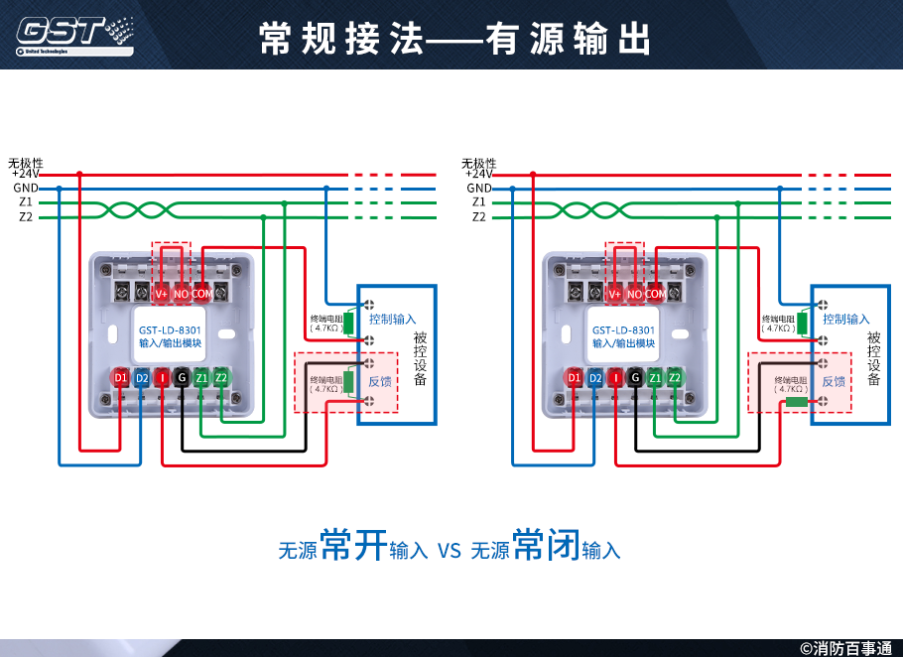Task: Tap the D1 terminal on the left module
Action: click(120, 378)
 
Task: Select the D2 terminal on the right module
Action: click(595, 378)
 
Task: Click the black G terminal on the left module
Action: click(181, 378)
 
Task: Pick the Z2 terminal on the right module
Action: click(675, 378)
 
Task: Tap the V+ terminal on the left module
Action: click(161, 293)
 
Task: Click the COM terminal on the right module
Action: click(656, 294)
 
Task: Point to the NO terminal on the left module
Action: click(181, 293)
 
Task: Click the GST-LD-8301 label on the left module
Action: click(170, 329)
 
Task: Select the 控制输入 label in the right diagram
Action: click(845, 320)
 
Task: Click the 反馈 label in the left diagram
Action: click(380, 381)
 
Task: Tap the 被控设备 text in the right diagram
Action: click(873, 358)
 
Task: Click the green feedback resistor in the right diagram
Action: click(796, 402)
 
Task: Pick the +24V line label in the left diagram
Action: click(25, 174)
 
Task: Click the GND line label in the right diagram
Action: click(479, 188)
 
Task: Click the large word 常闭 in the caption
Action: click(546, 546)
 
